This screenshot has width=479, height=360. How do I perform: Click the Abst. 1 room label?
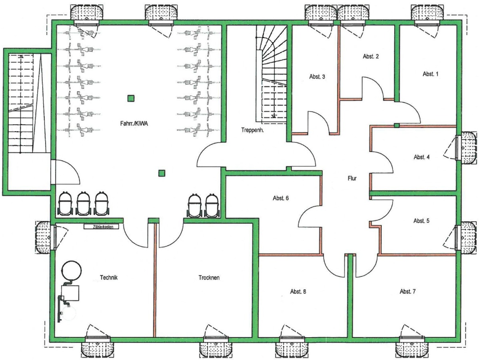(430, 74)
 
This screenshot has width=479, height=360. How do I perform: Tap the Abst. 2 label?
(371, 56)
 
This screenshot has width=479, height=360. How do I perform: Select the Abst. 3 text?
(317, 76)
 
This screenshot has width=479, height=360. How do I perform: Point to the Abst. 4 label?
(421, 157)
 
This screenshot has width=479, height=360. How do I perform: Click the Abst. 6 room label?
(281, 198)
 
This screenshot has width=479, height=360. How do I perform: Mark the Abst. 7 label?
(407, 291)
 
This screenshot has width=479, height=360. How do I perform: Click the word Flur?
(351, 179)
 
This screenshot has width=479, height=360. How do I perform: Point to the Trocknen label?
(209, 278)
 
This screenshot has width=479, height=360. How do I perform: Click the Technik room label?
(109, 277)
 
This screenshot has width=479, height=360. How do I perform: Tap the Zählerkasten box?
(102, 227)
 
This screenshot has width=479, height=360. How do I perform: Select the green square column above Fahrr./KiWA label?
(130, 98)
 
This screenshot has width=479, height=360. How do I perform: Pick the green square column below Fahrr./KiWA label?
(162, 173)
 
